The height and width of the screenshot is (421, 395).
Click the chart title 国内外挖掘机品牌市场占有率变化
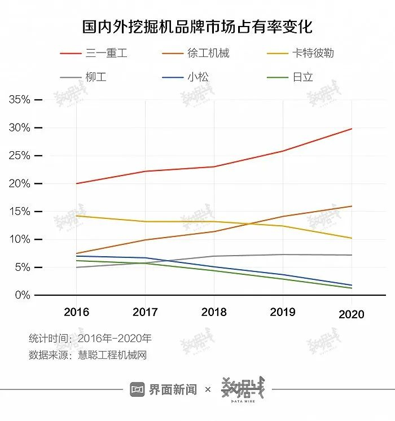[197, 27]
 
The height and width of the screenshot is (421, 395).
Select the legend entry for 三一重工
[106, 54]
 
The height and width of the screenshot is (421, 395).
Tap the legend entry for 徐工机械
[208, 54]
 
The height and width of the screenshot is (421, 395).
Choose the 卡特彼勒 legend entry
[313, 54]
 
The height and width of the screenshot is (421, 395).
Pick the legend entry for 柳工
[95, 77]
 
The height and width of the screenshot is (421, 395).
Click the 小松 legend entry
[198, 77]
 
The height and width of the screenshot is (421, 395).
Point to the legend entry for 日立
[302, 77]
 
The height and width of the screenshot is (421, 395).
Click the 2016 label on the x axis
[76, 312]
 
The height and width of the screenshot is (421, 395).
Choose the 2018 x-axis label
[214, 312]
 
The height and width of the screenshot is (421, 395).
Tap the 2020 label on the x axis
[352, 314]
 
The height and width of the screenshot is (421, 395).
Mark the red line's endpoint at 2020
[352, 129]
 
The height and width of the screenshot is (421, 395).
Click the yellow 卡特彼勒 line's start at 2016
[77, 216]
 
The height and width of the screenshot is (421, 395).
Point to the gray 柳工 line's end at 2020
[352, 255]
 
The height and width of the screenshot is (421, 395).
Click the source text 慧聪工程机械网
[112, 355]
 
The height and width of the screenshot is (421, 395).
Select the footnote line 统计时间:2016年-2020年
[90, 339]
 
